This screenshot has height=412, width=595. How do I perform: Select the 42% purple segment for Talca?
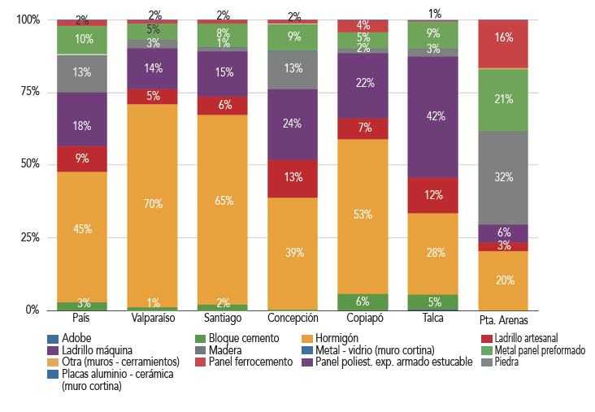coord(433,116)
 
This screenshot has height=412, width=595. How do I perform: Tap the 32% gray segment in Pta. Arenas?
coord(503,177)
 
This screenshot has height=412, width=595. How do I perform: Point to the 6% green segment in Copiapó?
coord(363,301)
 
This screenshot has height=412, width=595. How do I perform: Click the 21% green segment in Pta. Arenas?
coord(503,100)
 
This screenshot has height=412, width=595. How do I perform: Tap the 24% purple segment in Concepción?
coord(293,124)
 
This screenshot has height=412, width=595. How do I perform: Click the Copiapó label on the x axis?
coord(363,319)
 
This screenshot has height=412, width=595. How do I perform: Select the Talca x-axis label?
coord(433,319)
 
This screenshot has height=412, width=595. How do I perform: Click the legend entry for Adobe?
coord(76,338)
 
